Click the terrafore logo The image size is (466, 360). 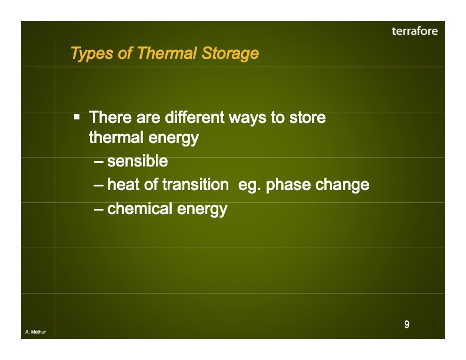[414, 31]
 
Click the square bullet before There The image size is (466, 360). [77, 117]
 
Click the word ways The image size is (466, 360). [248, 118]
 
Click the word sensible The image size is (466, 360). [138, 161]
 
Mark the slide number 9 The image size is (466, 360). [407, 325]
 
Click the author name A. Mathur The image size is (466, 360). [35, 333]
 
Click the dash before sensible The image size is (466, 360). [99, 162]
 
